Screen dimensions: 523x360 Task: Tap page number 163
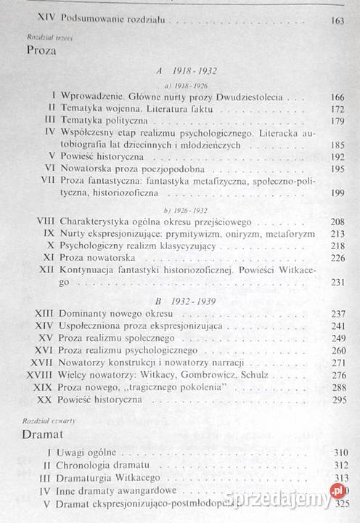[x=336, y=20]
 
